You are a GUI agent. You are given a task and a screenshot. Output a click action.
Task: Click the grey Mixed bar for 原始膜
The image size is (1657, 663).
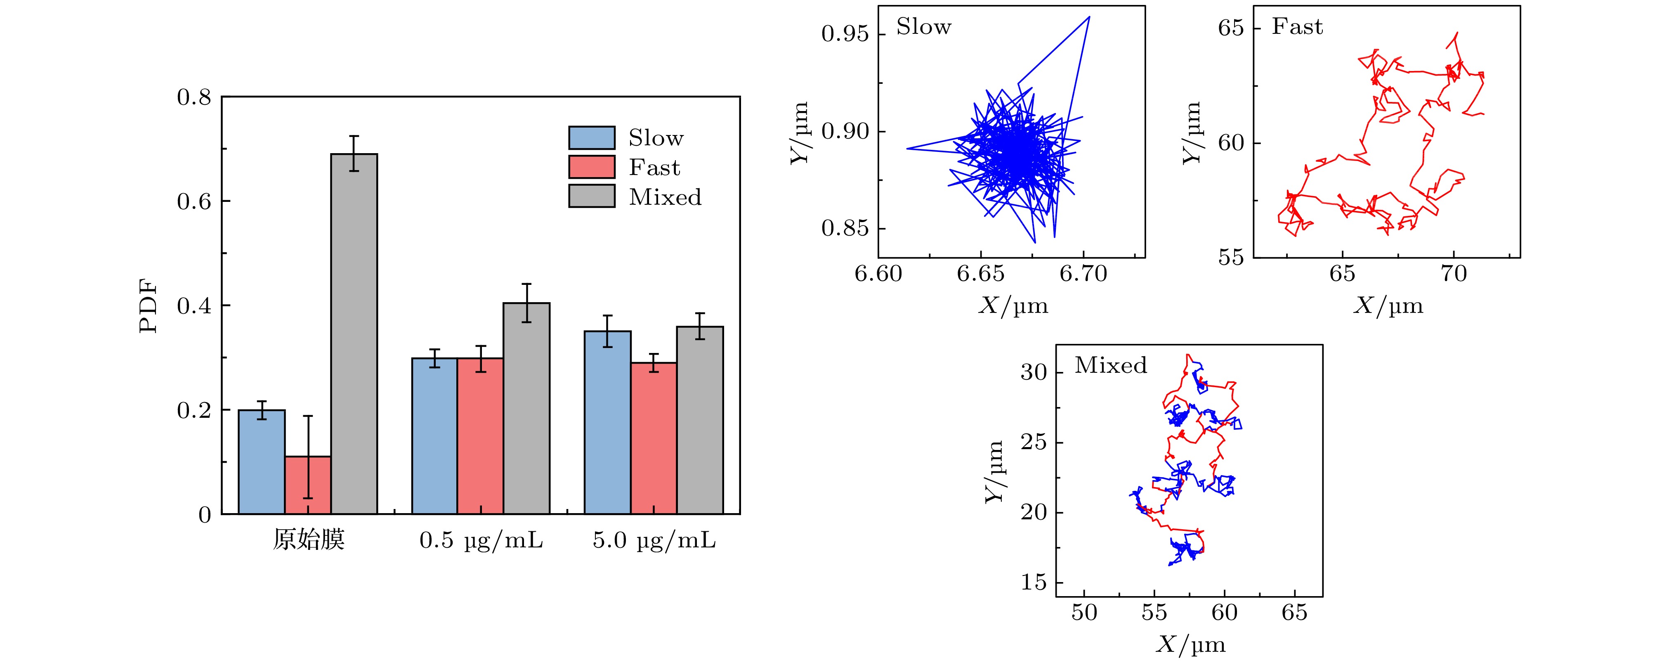(x=354, y=335)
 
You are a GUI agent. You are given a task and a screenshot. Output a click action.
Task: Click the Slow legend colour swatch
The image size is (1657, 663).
(x=591, y=138)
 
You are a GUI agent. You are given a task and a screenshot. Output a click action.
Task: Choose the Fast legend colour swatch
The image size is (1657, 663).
(x=591, y=167)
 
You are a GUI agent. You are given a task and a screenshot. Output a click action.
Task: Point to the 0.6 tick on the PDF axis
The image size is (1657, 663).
(x=194, y=201)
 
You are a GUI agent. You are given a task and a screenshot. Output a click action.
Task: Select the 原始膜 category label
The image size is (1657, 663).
(x=309, y=540)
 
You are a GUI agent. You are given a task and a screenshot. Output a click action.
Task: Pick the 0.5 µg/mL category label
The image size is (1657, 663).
(x=481, y=540)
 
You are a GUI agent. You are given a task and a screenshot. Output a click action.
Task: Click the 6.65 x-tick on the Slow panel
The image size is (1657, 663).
(x=980, y=274)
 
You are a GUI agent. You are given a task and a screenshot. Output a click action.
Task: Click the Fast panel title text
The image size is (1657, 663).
(x=1297, y=27)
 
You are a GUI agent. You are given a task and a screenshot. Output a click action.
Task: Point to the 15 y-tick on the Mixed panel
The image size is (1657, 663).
(x=1034, y=582)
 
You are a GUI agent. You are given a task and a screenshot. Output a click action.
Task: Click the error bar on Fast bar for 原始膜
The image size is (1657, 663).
(x=308, y=457)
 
